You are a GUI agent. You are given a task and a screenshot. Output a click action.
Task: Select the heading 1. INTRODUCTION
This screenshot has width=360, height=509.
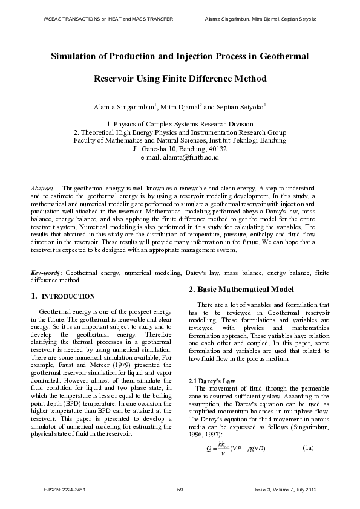[x=62, y=296]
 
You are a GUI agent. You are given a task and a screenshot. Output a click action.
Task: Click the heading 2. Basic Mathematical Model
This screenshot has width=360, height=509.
[x=241, y=289]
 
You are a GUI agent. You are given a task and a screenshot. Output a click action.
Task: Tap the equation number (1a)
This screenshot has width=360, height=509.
[x=309, y=447]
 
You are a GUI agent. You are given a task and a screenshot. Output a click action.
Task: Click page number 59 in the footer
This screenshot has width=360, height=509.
[x=180, y=488]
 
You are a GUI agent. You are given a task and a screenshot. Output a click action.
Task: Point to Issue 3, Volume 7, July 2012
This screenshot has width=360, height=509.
[x=286, y=488]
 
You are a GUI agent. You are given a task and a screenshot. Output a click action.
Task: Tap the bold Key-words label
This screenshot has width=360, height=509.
[x=46, y=273]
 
